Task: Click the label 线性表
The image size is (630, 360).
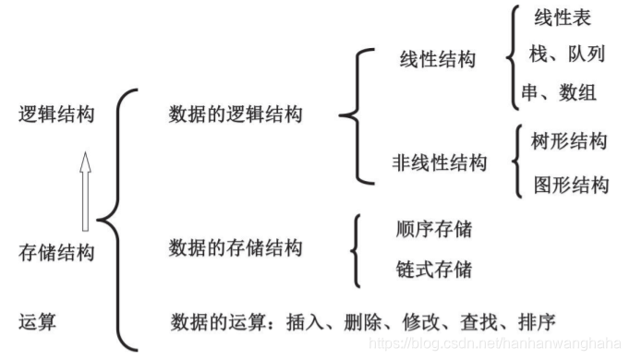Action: pos(562,18)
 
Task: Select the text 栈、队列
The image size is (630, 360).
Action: pos(566,54)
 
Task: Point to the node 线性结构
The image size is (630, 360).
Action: pos(437,60)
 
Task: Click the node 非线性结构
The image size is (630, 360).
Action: pos(439,163)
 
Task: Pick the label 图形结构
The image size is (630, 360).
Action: pos(571,185)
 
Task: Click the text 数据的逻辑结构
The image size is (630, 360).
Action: pos(235,114)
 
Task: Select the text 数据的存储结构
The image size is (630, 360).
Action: pos(235,247)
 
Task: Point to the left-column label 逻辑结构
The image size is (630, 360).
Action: pos(56,114)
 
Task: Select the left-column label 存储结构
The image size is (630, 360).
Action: pos(56,251)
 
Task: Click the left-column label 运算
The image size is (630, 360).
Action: pos(38,321)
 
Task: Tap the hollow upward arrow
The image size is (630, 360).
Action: pos(86,190)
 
